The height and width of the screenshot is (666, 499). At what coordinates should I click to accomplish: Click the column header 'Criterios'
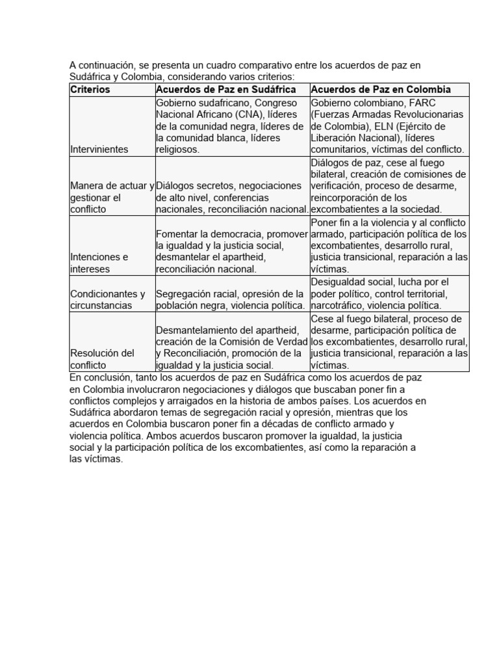click(90, 89)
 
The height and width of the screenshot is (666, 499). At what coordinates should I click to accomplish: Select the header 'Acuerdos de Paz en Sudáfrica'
click(225, 89)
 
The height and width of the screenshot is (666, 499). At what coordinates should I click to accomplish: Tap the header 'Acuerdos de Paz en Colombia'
click(381, 89)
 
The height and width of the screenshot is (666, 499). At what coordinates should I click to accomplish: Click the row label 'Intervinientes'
click(99, 149)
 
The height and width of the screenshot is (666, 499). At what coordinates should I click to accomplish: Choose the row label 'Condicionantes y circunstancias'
click(107, 299)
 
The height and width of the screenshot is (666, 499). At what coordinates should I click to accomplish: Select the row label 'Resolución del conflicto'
click(102, 359)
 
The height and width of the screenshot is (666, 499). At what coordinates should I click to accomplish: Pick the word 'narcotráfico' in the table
click(338, 305)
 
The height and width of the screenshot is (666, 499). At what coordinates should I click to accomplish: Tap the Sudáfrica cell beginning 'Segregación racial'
click(231, 299)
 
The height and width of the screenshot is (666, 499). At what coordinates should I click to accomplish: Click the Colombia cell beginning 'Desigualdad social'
click(389, 293)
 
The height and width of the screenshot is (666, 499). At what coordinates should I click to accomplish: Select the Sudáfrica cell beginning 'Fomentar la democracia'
click(231, 251)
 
